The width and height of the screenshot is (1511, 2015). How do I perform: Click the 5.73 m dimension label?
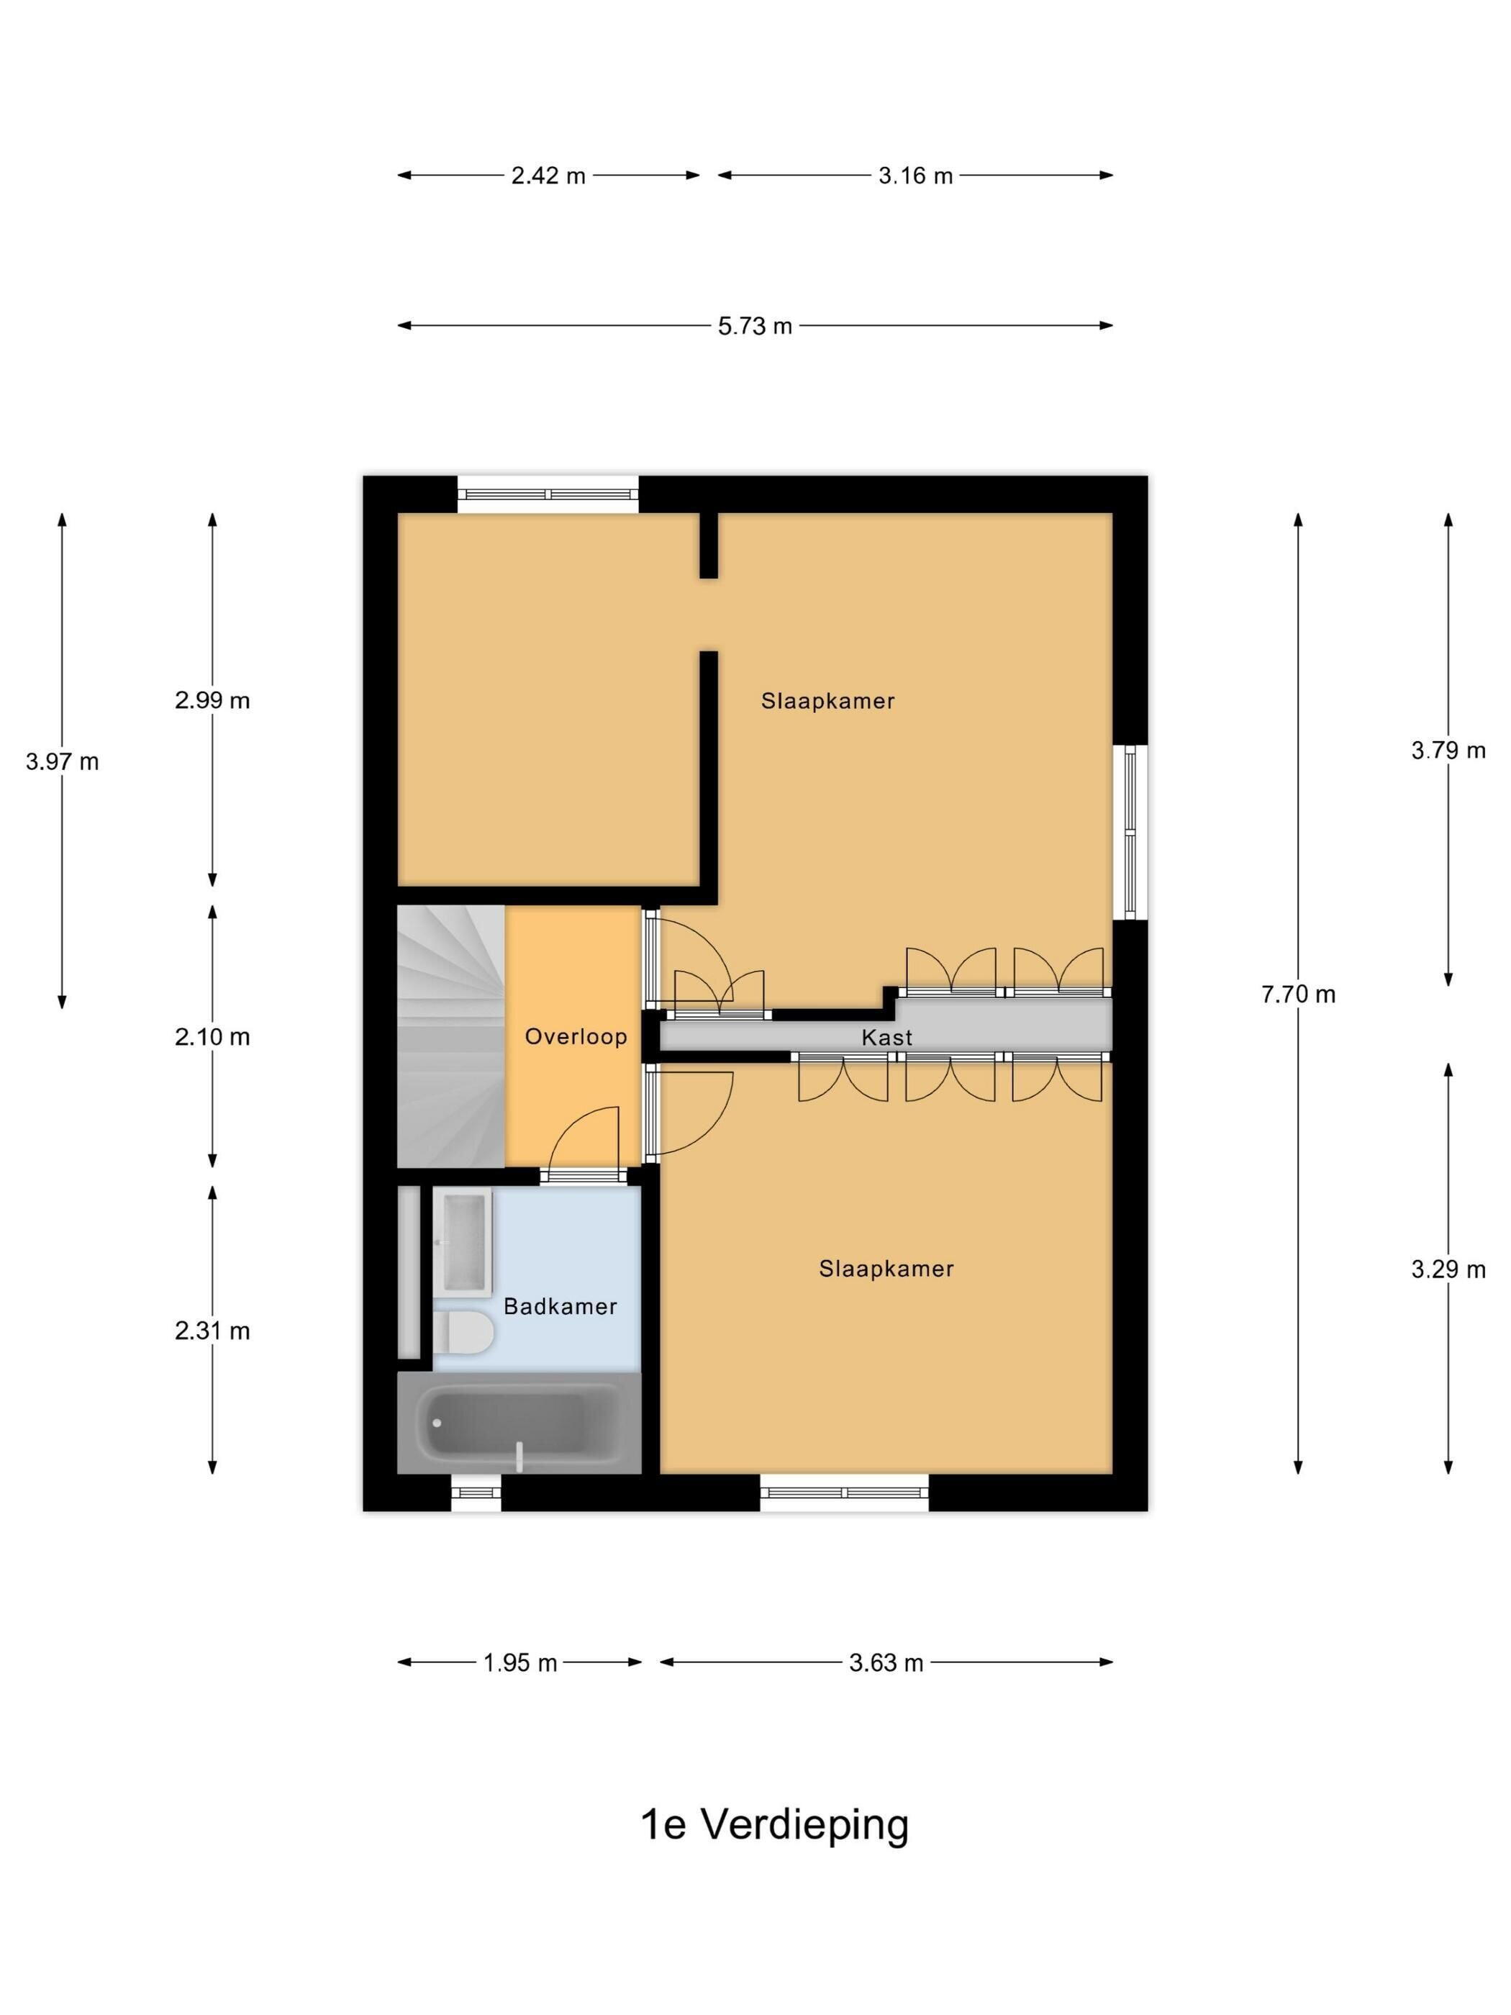(754, 326)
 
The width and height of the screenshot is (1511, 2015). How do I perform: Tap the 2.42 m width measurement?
(548, 176)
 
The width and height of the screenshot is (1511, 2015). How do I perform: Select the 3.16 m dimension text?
(915, 176)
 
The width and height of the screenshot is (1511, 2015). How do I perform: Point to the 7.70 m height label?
(1298, 994)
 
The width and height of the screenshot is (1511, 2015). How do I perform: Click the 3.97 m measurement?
(62, 761)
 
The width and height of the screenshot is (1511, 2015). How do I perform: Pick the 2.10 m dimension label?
(212, 1037)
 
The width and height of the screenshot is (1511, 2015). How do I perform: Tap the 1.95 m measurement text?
(519, 1663)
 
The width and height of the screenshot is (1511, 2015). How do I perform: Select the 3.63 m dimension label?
(886, 1663)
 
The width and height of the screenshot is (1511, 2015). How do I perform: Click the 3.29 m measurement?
(1448, 1269)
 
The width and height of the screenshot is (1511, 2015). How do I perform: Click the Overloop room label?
(576, 1037)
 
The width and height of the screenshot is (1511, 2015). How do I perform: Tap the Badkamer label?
(560, 1306)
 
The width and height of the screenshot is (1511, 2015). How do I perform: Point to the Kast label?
(886, 1038)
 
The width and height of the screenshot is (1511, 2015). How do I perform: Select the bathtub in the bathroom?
(519, 1423)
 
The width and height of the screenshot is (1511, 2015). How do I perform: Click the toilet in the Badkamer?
(463, 1333)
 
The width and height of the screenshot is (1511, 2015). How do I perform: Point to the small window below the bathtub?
(476, 1492)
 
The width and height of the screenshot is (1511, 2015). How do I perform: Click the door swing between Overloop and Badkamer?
(583, 1138)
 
